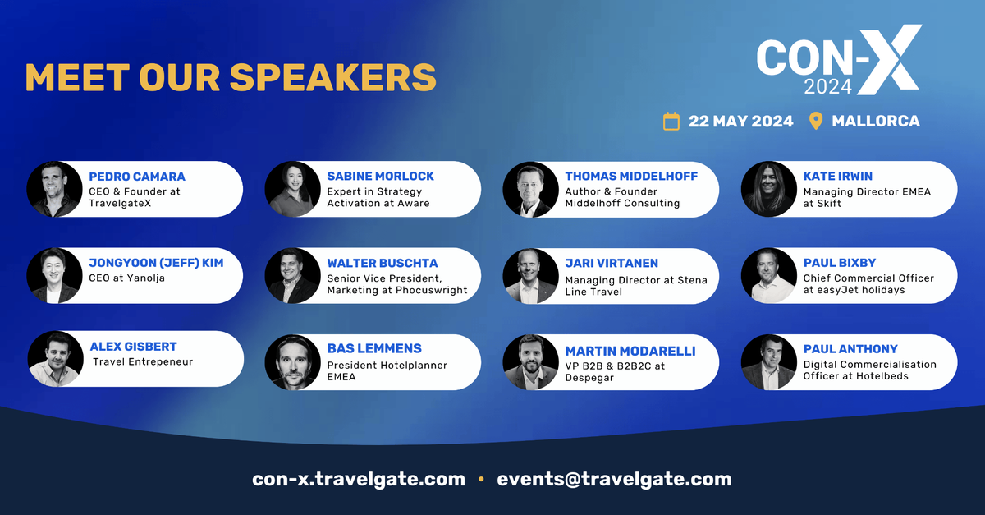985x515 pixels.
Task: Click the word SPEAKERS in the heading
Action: [x=333, y=77]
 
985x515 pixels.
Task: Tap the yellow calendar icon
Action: [x=671, y=121]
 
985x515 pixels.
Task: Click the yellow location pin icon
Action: [x=816, y=121]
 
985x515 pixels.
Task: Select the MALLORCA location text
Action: [x=876, y=121]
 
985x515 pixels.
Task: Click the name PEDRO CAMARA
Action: [x=137, y=177]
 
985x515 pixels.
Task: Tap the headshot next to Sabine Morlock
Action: [x=292, y=189]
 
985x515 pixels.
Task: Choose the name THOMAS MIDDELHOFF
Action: [x=631, y=176]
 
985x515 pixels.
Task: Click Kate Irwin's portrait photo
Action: [x=768, y=189]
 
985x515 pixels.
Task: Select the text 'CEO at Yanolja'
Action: [x=126, y=278]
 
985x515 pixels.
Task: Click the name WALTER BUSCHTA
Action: [x=383, y=263]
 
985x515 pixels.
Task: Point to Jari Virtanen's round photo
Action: [x=530, y=276]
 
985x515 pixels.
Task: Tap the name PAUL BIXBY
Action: [x=840, y=263]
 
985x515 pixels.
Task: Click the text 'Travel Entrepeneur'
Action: [x=143, y=362]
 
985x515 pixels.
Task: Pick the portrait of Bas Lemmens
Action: [x=292, y=362]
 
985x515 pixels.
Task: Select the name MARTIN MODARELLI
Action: [x=630, y=352]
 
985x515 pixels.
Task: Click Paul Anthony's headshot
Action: [x=768, y=362]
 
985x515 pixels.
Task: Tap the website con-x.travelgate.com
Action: [x=359, y=480]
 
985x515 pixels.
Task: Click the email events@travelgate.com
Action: [x=614, y=480]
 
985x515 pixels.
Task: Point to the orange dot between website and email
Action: [x=481, y=479]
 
